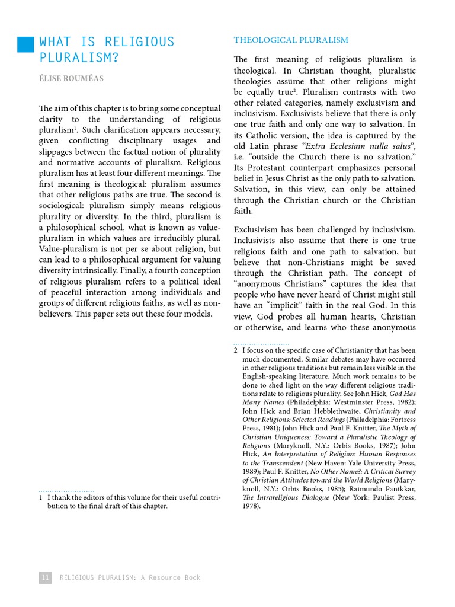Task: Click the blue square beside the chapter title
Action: (25, 44)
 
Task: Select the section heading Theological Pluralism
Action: (291, 40)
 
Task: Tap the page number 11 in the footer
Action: (46, 577)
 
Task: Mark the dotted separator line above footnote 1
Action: (66, 491)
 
